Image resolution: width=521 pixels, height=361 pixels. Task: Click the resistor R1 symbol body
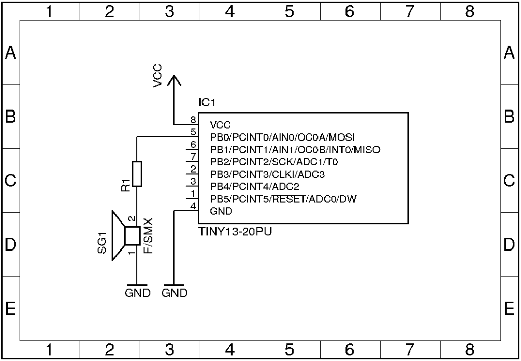click(137, 174)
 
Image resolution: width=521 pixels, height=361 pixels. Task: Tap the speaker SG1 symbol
click(125, 236)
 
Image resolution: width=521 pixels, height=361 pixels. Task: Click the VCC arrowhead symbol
click(174, 80)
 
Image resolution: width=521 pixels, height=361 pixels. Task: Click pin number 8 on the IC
click(193, 120)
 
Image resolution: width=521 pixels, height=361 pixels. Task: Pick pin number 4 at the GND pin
click(193, 206)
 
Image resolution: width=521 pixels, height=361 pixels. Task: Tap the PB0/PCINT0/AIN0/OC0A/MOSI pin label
click(282, 137)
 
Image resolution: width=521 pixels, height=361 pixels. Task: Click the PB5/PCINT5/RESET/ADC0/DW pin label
click(283, 198)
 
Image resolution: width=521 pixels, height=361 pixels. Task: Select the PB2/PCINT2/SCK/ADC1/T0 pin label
click(274, 162)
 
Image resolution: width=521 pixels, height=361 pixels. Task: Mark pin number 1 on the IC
click(193, 193)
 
